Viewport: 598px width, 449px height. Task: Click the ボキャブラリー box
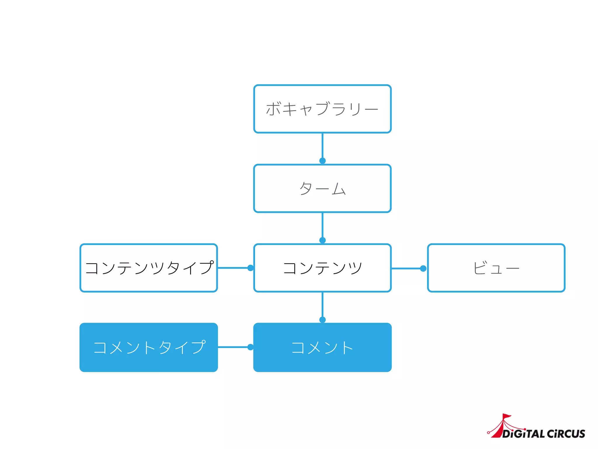(322, 109)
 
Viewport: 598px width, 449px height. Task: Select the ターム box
(322, 188)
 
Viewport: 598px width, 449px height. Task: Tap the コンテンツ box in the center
(322, 268)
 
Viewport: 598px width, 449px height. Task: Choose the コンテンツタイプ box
(149, 268)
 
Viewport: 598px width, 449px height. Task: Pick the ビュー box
(496, 268)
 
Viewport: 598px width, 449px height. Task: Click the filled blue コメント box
(322, 347)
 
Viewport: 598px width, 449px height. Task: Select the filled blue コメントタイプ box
(149, 347)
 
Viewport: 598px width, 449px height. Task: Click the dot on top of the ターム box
(322, 160)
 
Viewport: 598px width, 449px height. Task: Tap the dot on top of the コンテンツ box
(322, 240)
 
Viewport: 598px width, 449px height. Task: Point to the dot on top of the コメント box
(322, 320)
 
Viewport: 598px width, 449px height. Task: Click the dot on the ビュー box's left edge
(423, 268)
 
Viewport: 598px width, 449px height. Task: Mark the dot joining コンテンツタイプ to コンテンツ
(251, 268)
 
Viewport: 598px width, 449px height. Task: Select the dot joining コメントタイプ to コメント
(251, 347)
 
